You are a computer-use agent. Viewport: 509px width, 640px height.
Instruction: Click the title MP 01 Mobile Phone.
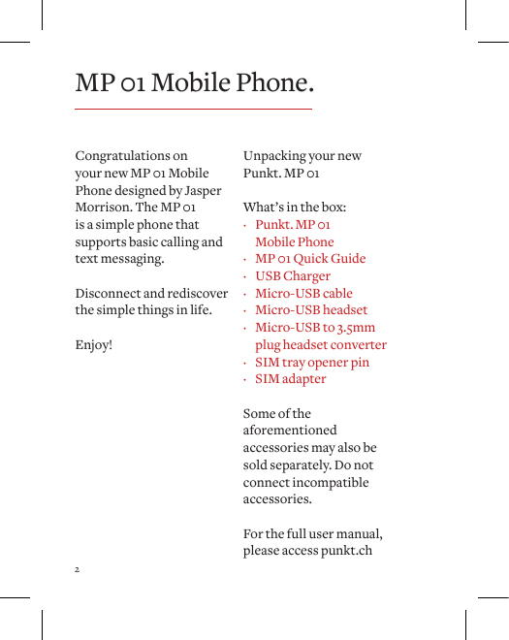[x=195, y=82]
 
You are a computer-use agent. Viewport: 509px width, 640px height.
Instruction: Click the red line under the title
[x=194, y=109]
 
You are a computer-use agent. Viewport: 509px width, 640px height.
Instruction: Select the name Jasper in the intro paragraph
[x=202, y=191]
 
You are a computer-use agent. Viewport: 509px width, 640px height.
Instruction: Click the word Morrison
[x=104, y=208]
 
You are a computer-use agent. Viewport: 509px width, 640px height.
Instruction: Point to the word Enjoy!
[x=94, y=344]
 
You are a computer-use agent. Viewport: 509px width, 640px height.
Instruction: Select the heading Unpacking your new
[x=302, y=156]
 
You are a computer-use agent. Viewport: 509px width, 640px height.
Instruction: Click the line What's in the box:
[x=295, y=208]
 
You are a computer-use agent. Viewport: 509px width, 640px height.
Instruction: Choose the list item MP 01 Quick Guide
[x=310, y=259]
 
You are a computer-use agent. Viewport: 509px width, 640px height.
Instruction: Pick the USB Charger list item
[x=293, y=276]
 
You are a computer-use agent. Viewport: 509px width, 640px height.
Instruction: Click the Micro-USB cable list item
[x=303, y=294]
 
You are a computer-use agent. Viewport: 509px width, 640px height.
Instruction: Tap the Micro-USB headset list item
[x=311, y=310]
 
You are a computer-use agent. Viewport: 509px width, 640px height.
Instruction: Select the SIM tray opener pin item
[x=312, y=363]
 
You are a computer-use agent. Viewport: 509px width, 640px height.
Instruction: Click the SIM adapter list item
[x=291, y=379]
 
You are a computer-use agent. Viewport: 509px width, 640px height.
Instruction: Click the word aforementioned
[x=290, y=431]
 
